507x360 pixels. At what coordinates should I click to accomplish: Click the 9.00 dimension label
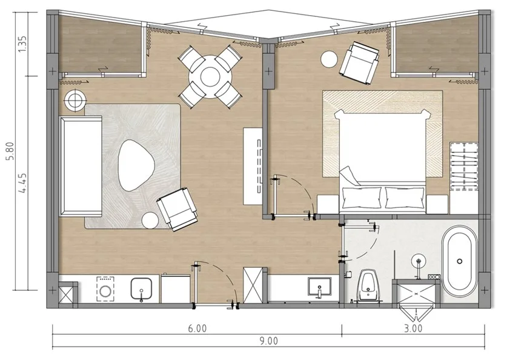coord(268,341)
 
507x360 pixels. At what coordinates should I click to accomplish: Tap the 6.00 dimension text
coord(197,328)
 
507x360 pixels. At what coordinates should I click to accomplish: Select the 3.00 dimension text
coord(413,328)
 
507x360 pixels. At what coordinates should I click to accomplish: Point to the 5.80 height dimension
coord(11,151)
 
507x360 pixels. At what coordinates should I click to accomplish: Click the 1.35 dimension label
coord(22,44)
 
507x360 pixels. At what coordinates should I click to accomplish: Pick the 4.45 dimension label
coord(22,184)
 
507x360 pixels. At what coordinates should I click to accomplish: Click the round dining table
coord(210,76)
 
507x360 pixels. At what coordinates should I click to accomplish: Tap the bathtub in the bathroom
coord(460,261)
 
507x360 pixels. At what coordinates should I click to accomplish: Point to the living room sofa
coord(81,166)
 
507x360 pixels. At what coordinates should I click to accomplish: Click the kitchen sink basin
coord(141,288)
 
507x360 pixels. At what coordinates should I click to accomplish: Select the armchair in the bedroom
coord(360,63)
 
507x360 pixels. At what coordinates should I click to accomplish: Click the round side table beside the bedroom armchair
coord(329,59)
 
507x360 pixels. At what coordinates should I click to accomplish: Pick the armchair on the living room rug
coord(177,209)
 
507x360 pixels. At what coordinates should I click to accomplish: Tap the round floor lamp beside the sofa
coord(75,101)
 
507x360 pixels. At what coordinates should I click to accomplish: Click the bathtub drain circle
coord(460,261)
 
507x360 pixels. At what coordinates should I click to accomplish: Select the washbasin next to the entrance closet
coord(319,287)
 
